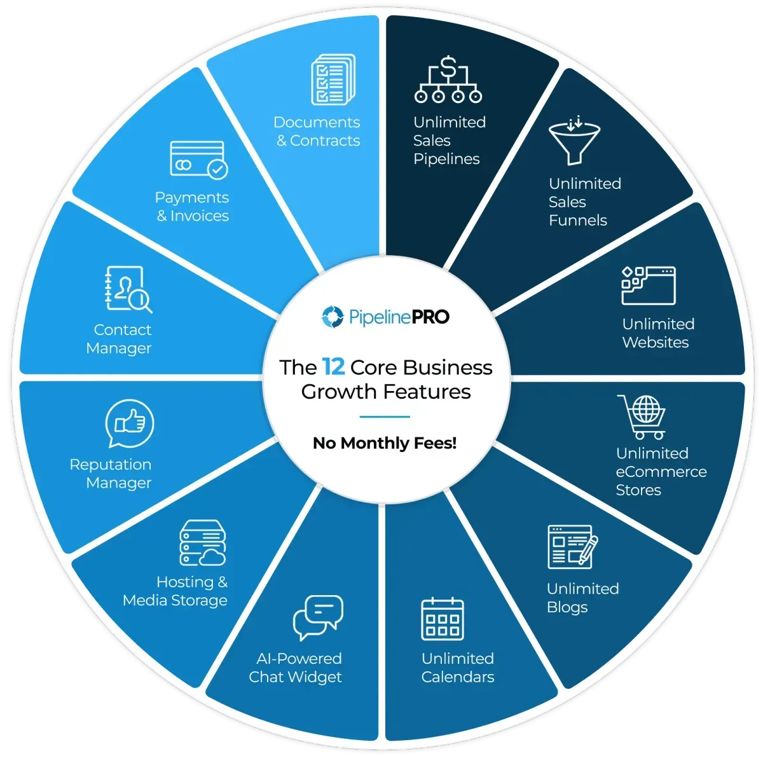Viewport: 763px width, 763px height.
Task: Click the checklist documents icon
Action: [333, 79]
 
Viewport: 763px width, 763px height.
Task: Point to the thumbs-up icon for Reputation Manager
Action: [130, 423]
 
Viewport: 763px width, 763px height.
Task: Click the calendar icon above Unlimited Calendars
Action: [443, 619]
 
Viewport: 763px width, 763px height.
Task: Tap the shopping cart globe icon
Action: [642, 417]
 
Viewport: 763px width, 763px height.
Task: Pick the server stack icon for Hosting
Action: [203, 542]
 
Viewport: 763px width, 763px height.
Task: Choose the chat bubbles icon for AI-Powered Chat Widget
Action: [318, 617]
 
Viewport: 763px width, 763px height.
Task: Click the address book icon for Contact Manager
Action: [128, 289]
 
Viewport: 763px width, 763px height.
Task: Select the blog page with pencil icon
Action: [572, 547]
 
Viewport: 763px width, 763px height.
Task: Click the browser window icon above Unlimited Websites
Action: [648, 285]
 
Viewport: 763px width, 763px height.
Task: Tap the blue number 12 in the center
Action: [333, 367]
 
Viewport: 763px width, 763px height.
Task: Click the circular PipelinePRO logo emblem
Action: [333, 317]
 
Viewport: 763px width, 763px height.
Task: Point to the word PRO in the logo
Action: [430, 317]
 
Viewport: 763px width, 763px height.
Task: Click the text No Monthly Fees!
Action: [385, 443]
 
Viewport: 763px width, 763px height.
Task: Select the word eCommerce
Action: [661, 472]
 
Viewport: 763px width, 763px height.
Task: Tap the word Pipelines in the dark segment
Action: [446, 159]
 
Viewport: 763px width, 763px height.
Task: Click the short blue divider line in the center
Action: [385, 416]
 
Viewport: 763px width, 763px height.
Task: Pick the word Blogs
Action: [567, 607]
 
